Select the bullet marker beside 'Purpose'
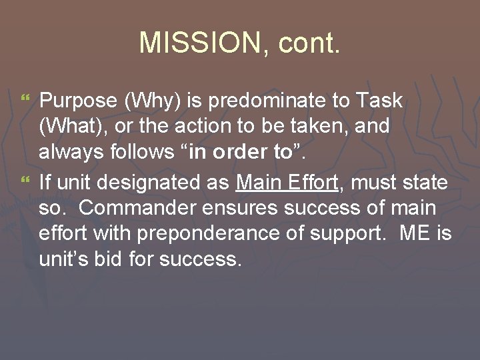click(27, 100)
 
